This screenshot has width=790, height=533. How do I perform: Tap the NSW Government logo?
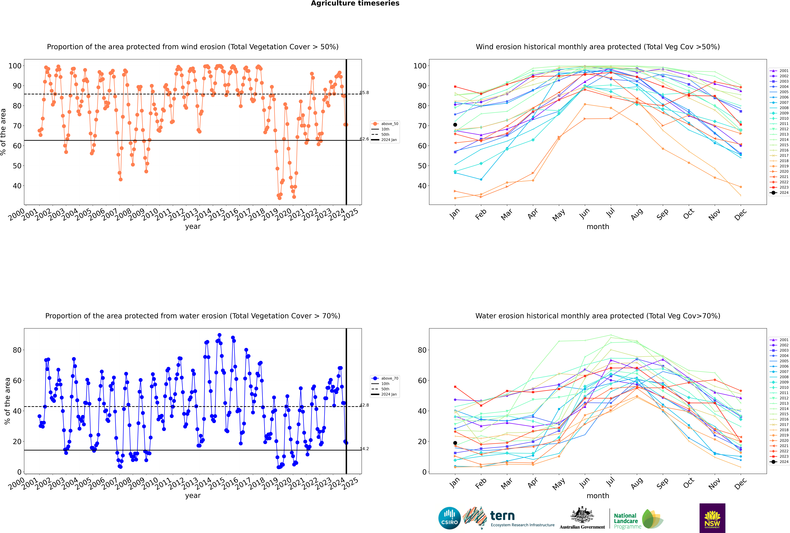[712, 518]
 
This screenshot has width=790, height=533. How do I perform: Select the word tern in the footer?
[502, 516]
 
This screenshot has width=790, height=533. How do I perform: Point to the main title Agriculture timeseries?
[355, 3]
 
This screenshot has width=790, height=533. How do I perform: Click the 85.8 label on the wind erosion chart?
[364, 92]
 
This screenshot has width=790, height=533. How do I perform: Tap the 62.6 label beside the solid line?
[364, 139]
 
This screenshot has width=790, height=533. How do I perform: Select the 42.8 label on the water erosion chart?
[364, 405]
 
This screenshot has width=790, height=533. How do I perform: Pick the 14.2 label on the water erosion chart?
[364, 449]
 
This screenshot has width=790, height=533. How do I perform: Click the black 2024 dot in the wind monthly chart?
[455, 125]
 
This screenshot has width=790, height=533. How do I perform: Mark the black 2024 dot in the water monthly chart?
[455, 443]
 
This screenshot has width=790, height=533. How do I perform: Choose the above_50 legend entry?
[385, 124]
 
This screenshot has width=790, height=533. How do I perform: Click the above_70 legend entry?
[385, 378]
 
